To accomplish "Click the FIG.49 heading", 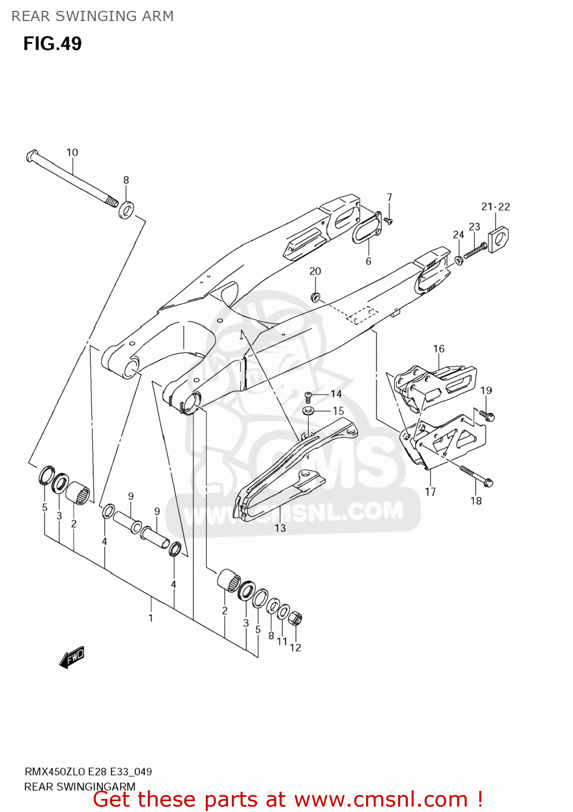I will click(53, 43).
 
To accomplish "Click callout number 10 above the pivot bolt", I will click(72, 153).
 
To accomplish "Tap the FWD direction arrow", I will click(72, 657).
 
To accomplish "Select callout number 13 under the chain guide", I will click(280, 528).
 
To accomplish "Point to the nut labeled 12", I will click(295, 618).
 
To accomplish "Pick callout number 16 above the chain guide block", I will click(439, 349).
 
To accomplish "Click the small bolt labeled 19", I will click(487, 415).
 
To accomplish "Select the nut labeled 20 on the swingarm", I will click(315, 297).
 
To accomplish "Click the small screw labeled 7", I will click(388, 221).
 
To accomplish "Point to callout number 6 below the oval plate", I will click(368, 261).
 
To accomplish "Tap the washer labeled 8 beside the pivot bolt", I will click(127, 209).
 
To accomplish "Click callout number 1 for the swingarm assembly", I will click(151, 618).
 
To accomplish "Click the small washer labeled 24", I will click(459, 261).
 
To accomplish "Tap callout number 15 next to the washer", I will click(338, 411).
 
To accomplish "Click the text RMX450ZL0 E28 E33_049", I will click(88, 771).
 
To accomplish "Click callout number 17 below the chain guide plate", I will click(430, 492).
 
